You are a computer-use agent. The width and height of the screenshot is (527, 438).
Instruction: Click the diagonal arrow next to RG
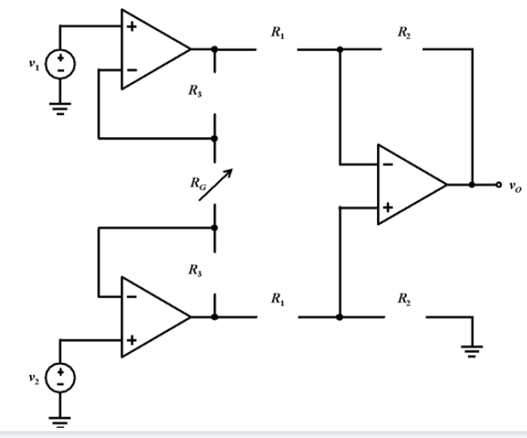[214, 185]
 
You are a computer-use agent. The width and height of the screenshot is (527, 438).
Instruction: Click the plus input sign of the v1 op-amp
[132, 27]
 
